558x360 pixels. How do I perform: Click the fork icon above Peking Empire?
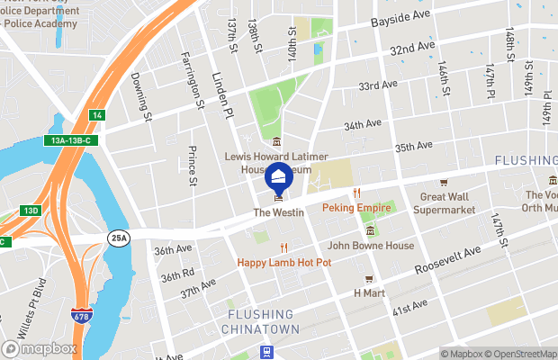click(356, 193)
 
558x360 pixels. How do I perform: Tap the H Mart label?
click(369, 293)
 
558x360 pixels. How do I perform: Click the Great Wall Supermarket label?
click(444, 203)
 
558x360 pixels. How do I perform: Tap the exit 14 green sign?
click(97, 115)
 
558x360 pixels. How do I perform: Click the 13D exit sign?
click(31, 211)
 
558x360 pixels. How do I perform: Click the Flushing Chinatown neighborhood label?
click(259, 322)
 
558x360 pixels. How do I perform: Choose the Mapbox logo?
click(39, 348)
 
